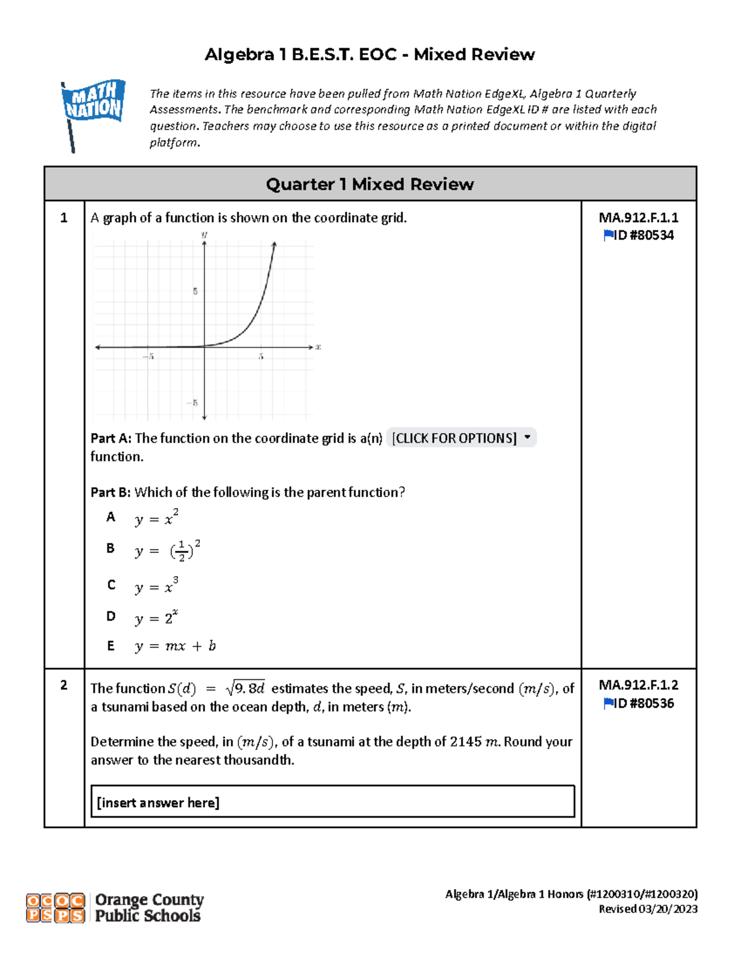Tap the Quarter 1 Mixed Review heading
(370, 184)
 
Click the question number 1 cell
(64, 218)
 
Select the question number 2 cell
(64, 685)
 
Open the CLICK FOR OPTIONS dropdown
(461, 438)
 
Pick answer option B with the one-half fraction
(167, 550)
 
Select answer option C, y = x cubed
(156, 585)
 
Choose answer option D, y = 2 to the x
(156, 617)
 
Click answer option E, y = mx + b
(175, 646)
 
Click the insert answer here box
(332, 802)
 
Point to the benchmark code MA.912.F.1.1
(638, 217)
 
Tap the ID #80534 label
(638, 235)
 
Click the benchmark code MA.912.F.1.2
(638, 685)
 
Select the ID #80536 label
(638, 703)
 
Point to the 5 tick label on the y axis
(195, 291)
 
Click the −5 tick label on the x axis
(148, 356)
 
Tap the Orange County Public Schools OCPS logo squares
(56, 908)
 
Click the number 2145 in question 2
(465, 742)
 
